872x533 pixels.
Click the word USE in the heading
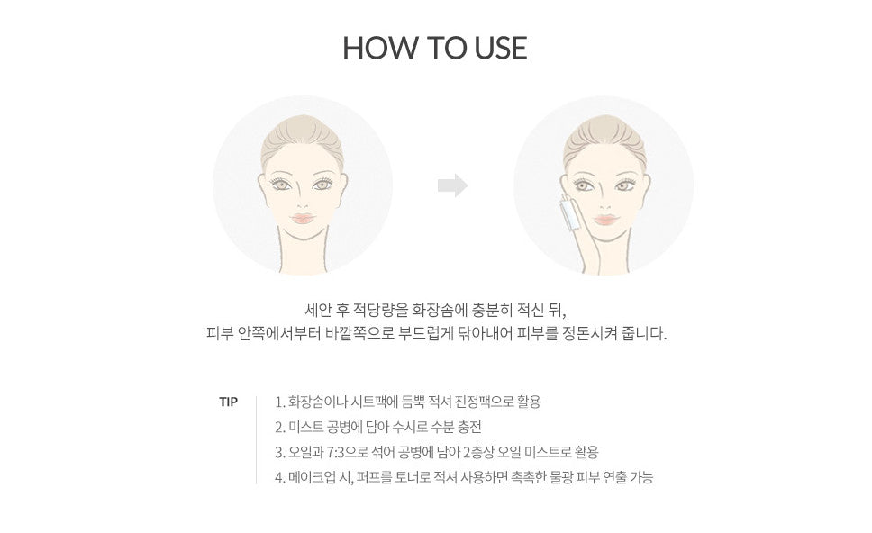(501, 48)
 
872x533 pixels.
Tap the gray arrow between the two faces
(453, 185)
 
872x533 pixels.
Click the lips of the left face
(303, 218)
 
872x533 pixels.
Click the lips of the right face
(605, 220)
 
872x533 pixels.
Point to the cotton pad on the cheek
(570, 212)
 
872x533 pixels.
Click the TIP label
(228, 402)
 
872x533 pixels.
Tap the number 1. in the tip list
(280, 402)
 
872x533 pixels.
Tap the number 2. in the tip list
(280, 428)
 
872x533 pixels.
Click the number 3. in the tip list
(280, 452)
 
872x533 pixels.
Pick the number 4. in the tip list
(280, 477)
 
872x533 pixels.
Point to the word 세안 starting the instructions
(318, 309)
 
